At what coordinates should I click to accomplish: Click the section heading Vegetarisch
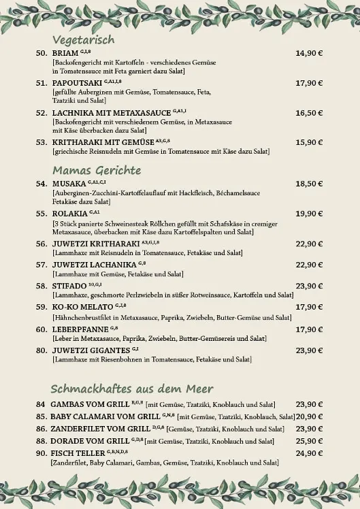(x=83, y=40)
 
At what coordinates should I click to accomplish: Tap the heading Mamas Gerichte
(x=97, y=170)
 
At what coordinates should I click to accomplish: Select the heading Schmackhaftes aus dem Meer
(x=133, y=389)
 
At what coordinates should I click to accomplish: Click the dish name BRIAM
(x=65, y=53)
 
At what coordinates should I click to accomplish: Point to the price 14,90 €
(x=309, y=53)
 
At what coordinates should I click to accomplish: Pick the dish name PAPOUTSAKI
(x=73, y=83)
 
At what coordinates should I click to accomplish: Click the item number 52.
(x=41, y=113)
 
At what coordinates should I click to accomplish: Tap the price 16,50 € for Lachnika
(x=309, y=113)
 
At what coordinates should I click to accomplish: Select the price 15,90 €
(x=309, y=142)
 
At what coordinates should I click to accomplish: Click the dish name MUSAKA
(x=69, y=184)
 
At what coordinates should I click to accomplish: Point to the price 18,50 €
(x=309, y=184)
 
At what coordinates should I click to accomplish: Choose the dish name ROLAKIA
(x=70, y=214)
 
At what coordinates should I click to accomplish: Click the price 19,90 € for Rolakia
(x=309, y=214)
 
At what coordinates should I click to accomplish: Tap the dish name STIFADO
(x=70, y=286)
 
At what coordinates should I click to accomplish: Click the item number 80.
(x=41, y=350)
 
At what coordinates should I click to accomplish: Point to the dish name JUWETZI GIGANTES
(x=90, y=350)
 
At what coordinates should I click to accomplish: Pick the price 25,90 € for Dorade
(x=309, y=441)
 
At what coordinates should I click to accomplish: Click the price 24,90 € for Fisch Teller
(x=309, y=453)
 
